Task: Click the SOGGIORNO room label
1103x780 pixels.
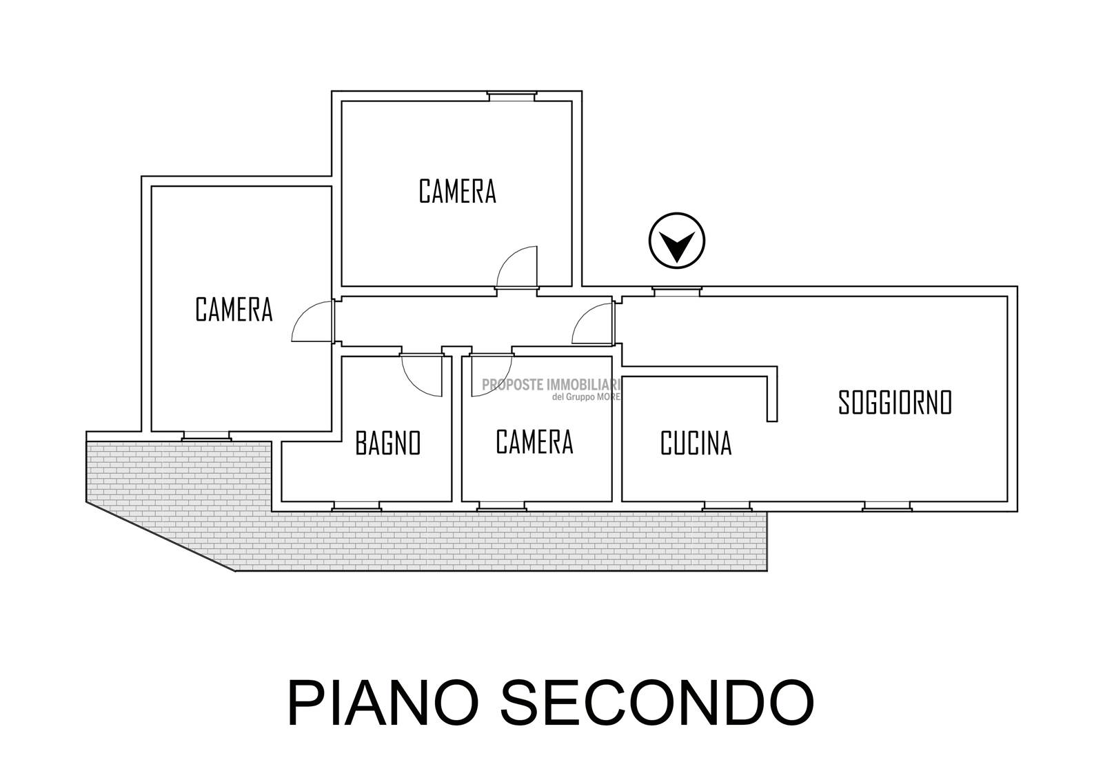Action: pos(895,403)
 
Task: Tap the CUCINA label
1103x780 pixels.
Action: pos(696,443)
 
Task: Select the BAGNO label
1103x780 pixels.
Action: pos(388,443)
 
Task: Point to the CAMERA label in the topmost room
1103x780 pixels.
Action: pos(458,192)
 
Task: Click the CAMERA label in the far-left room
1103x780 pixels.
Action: pos(234,310)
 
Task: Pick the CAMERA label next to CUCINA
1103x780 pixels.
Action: pos(534,442)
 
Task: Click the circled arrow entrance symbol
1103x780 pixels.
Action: pos(676,241)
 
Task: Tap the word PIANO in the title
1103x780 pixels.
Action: pos(383,703)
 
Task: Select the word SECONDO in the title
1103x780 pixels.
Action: pos(658,703)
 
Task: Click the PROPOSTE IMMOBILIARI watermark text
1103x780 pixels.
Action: pos(551,385)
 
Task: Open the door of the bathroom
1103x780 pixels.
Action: pos(421,375)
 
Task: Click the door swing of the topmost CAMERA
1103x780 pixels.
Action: pos(516,267)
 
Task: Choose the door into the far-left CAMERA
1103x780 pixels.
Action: pos(313,321)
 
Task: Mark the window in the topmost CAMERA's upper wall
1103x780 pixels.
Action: pos(512,96)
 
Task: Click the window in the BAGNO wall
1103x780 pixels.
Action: pos(356,506)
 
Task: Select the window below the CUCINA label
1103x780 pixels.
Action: pos(727,506)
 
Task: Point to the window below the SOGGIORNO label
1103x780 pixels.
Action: pos(887,506)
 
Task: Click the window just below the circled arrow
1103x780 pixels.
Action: pos(676,292)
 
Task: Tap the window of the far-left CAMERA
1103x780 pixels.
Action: pos(206,437)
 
